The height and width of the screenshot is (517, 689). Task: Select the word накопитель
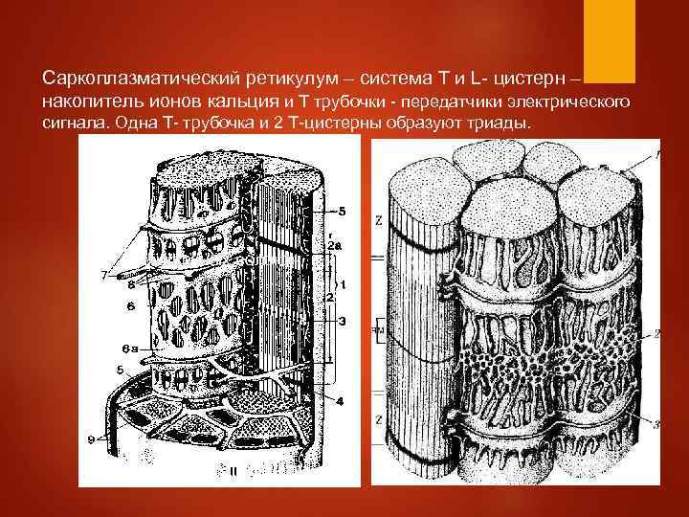(x=90, y=101)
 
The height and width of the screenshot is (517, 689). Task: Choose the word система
(x=383, y=76)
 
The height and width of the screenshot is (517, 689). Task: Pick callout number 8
(x=130, y=284)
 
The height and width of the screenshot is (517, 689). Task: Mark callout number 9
(x=91, y=440)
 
